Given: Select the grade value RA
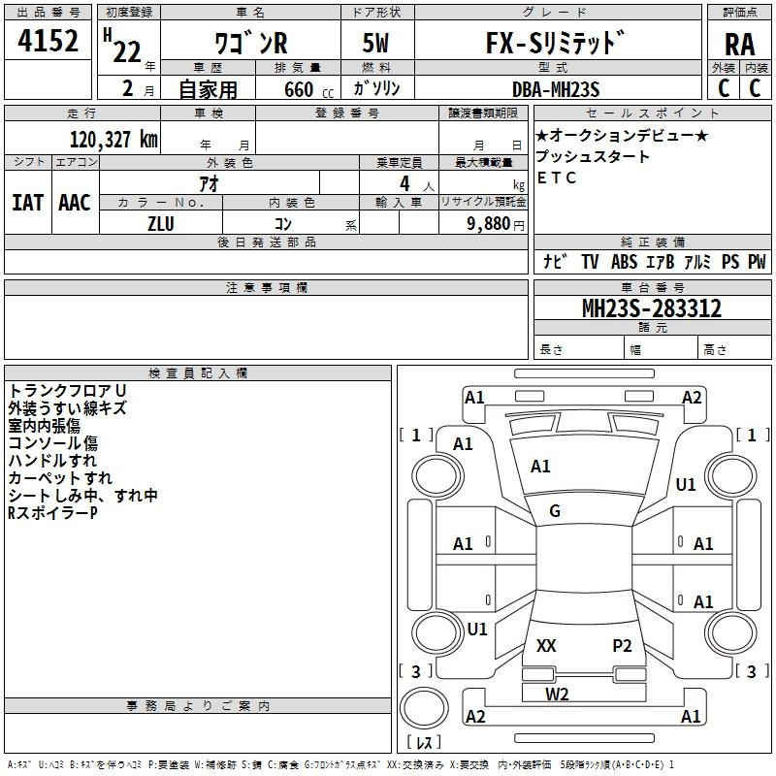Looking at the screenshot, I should click(x=738, y=45).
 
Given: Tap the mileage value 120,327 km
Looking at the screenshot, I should click(x=113, y=140).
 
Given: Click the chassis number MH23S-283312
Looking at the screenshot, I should click(x=651, y=309).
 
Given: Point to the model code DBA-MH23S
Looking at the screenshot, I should click(x=556, y=89).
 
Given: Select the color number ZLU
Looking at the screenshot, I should click(x=161, y=222).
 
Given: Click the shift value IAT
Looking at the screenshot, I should click(x=27, y=203).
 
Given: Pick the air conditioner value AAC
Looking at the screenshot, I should click(x=74, y=203).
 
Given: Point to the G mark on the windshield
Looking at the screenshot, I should click(x=555, y=511).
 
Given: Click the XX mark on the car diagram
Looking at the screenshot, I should click(x=546, y=646).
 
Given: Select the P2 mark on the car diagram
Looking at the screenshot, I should click(x=622, y=646).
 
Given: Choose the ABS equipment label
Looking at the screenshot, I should click(x=624, y=262).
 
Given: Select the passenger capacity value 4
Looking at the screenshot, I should click(x=403, y=183).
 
